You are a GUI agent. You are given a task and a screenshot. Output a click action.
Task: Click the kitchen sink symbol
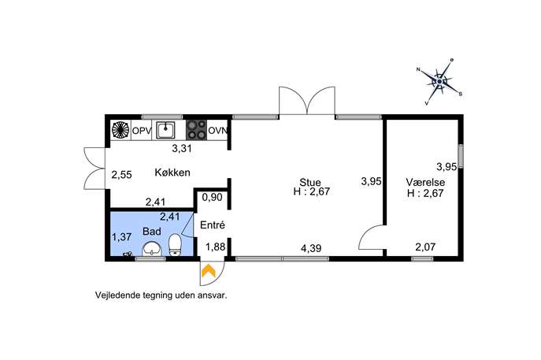pyautogui.click(x=165, y=130)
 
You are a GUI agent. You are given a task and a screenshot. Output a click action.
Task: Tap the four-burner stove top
pyautogui.click(x=196, y=130)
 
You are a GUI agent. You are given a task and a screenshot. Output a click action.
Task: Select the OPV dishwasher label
pyautogui.click(x=142, y=131)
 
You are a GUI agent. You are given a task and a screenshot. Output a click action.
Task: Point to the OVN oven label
pyautogui.click(x=217, y=131)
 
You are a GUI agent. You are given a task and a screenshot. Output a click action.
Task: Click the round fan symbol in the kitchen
pyautogui.click(x=120, y=130)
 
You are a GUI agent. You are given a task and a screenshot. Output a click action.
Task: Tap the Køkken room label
pyautogui.click(x=172, y=173)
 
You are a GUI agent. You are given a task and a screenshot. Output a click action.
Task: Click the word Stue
pyautogui.click(x=309, y=182)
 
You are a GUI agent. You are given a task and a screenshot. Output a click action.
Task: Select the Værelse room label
pyautogui.click(x=425, y=182)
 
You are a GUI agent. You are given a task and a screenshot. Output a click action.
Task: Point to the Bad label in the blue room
pyautogui.click(x=152, y=232)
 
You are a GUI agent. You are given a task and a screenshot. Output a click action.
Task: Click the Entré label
pyautogui.click(x=213, y=225)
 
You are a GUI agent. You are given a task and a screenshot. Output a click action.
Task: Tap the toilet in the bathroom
pyautogui.click(x=176, y=244)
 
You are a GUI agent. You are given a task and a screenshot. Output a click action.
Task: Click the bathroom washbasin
pyautogui.click(x=152, y=249)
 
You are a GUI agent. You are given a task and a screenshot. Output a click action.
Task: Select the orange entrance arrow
pyautogui.click(x=209, y=270)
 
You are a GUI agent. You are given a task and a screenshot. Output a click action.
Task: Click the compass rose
pyautogui.click(x=439, y=81)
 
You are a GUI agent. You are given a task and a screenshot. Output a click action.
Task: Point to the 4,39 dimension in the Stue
pyautogui.click(x=311, y=248)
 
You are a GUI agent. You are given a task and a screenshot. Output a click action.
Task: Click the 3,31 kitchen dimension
pyautogui.click(x=182, y=149)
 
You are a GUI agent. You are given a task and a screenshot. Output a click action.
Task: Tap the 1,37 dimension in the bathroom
pyautogui.click(x=121, y=237)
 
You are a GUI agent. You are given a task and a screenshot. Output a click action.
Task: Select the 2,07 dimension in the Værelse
pyautogui.click(x=425, y=247)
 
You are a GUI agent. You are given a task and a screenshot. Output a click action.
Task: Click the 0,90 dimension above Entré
pyautogui.click(x=212, y=198)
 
